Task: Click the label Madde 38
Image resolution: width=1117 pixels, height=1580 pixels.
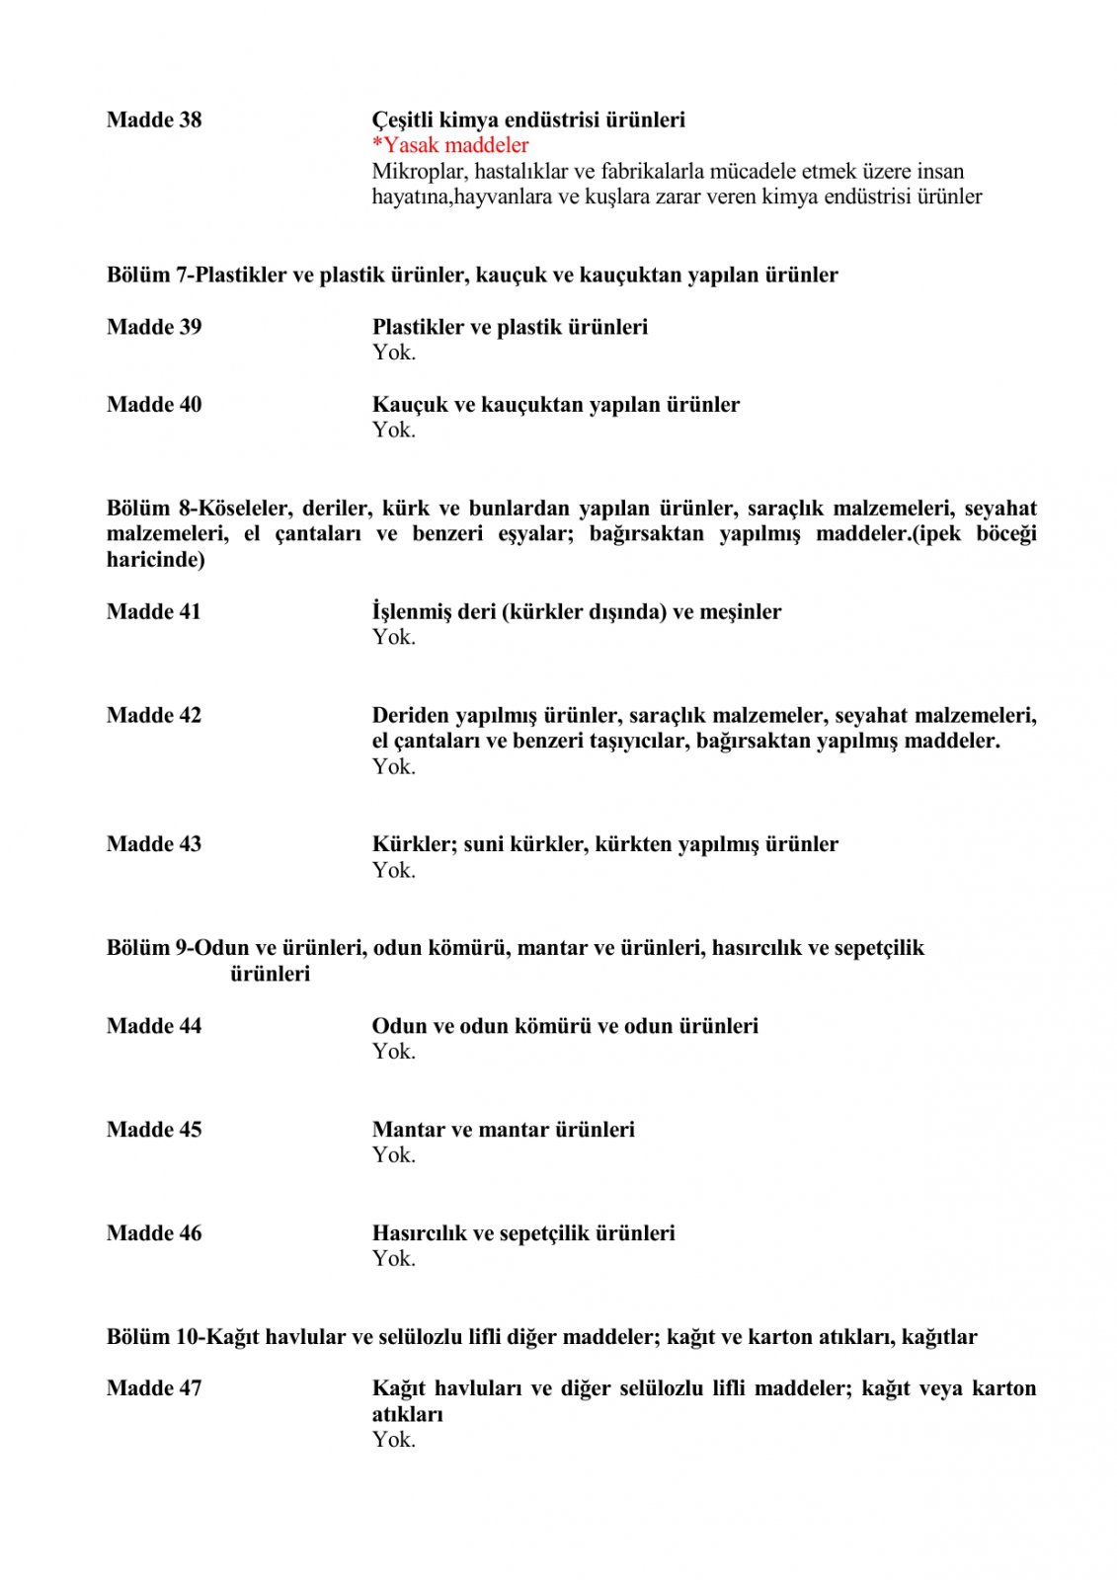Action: tap(154, 119)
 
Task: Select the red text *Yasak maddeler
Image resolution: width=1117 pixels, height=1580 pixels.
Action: tap(450, 145)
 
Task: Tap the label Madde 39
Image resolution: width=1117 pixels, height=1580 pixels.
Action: tap(154, 327)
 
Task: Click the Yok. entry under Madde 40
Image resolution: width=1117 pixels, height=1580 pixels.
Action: tap(393, 430)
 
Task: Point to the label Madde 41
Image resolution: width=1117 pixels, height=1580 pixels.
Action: tap(154, 611)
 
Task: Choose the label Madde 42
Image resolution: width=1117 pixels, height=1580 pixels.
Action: tap(154, 715)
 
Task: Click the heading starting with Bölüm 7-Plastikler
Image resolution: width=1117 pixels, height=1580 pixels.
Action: tap(472, 275)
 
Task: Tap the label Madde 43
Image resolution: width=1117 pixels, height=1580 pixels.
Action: tap(154, 844)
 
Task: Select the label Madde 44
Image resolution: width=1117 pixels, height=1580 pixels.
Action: tap(154, 1026)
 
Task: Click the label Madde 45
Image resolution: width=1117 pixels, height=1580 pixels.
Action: tap(154, 1130)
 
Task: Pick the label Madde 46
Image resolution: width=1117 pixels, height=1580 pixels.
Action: tap(154, 1233)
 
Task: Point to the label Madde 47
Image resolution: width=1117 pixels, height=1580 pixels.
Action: tap(154, 1388)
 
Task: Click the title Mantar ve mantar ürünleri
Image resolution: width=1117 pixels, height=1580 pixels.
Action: tap(503, 1130)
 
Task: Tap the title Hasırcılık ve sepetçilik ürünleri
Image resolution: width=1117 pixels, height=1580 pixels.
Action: tap(523, 1233)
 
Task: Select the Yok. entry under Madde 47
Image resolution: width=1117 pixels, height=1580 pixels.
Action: tap(393, 1440)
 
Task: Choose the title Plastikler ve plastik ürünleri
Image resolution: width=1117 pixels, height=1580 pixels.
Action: tap(510, 327)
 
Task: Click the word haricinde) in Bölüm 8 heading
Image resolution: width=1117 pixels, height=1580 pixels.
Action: tap(156, 560)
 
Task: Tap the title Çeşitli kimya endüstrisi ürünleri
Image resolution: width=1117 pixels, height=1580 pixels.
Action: tap(528, 119)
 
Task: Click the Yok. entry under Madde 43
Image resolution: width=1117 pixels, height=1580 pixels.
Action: tap(393, 870)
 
